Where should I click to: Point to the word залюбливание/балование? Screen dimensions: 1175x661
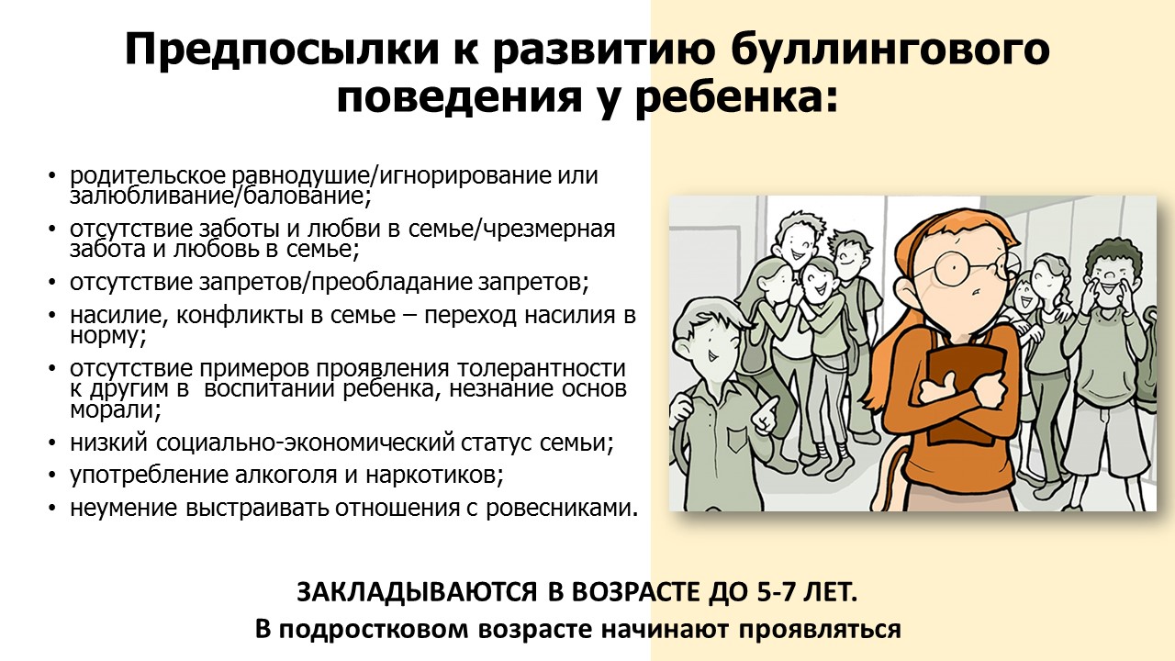point(220,196)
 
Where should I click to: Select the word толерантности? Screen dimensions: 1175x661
point(541,369)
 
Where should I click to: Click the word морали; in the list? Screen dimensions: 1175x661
point(116,410)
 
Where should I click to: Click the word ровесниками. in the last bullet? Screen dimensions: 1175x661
point(561,509)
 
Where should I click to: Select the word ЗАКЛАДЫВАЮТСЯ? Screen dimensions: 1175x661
point(418,593)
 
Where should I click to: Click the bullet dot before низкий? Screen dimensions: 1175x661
point(51,443)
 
